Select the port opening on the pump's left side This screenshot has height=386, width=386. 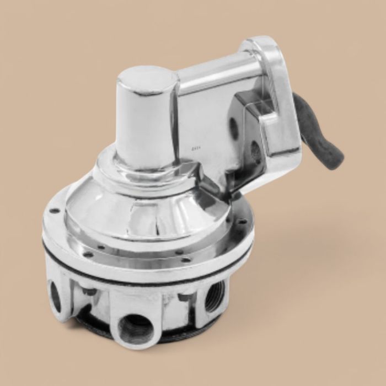pos(56,298)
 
